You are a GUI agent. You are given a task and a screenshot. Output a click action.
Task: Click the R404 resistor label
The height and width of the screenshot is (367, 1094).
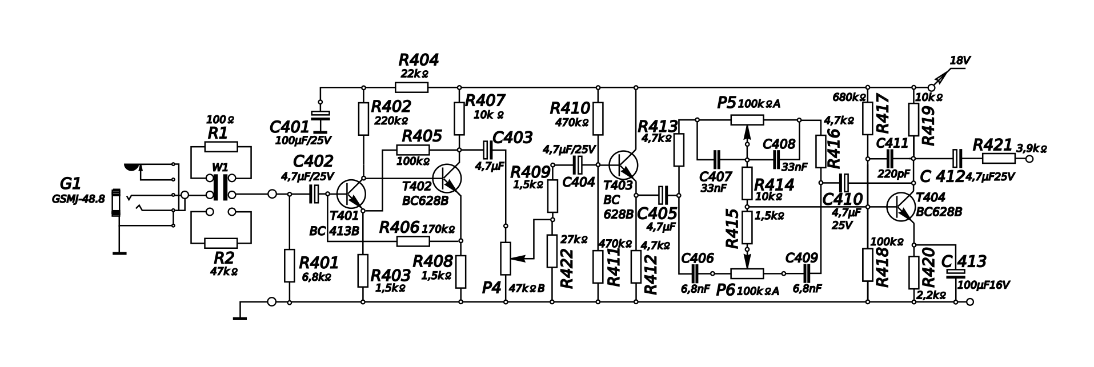point(418,60)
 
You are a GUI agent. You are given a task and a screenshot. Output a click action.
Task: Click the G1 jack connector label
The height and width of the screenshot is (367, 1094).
point(70,184)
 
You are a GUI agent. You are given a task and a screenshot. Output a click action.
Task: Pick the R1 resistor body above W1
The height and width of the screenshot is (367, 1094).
point(221,147)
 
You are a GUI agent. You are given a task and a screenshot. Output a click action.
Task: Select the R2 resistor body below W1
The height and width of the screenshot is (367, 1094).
point(221,243)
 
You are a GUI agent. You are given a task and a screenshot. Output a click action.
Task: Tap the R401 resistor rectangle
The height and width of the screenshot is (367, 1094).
point(289,265)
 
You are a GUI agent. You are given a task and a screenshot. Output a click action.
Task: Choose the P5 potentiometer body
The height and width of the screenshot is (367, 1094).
point(747,120)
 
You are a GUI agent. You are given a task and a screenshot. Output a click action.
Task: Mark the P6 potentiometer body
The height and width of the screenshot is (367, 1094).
point(747,273)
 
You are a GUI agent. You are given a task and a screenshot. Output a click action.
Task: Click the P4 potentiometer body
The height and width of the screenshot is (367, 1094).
point(506,258)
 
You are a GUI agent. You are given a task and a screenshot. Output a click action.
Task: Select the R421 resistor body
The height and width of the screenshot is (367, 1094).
point(998,158)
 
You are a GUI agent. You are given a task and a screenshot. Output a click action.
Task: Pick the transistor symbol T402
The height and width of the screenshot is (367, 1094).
point(447,178)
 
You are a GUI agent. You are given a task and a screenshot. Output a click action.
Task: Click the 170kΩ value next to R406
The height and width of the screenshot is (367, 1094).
point(439,229)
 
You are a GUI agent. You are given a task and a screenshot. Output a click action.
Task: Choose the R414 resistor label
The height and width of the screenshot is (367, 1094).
point(774,184)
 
